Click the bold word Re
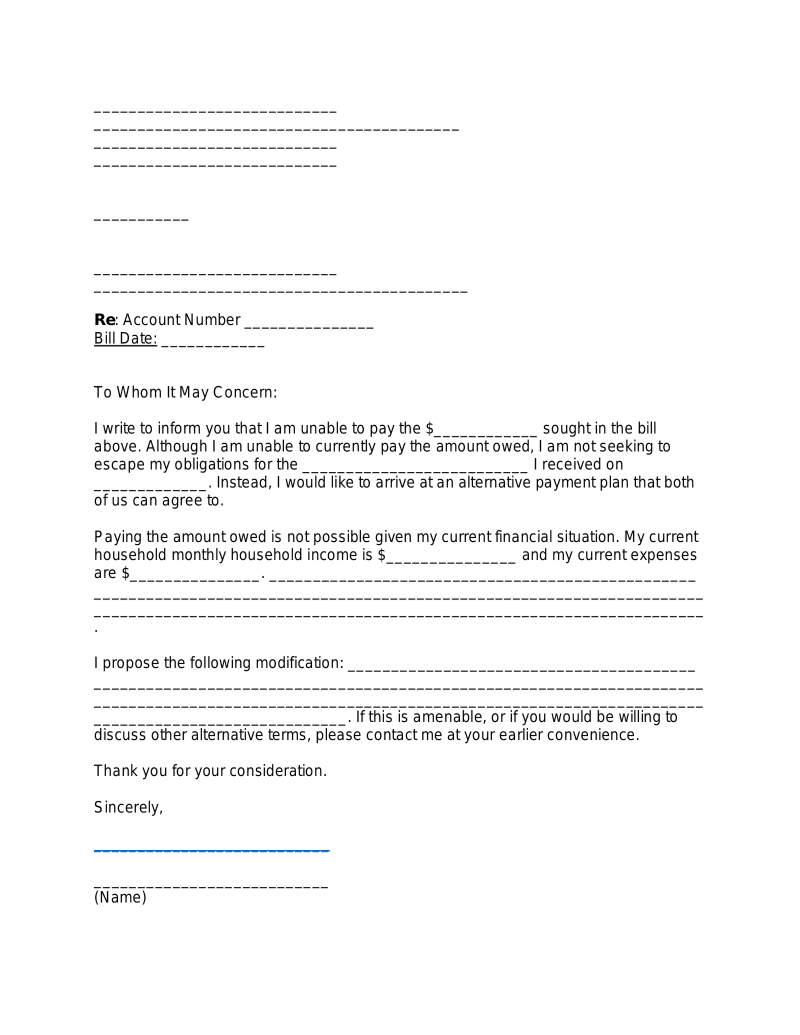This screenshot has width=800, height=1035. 104,320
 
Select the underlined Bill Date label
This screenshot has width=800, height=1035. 125,338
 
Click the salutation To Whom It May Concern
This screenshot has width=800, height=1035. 185,392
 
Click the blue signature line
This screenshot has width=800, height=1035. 212,850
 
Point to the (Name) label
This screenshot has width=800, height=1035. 120,897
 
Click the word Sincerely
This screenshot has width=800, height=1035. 128,807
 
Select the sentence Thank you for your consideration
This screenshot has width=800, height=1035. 210,771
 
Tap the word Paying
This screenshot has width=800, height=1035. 117,537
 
